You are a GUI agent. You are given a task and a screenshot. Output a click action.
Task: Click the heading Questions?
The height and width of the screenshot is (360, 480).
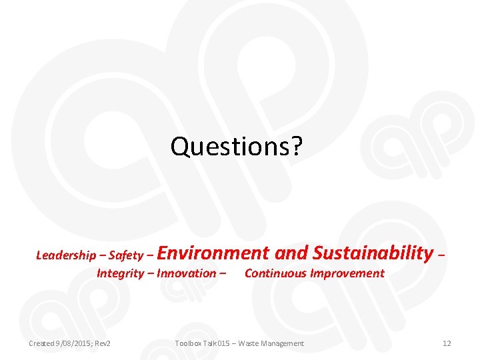(237, 147)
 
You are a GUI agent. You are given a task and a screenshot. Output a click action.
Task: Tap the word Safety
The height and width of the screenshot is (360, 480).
(125, 255)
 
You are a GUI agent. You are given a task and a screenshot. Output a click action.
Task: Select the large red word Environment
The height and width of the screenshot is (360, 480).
(214, 253)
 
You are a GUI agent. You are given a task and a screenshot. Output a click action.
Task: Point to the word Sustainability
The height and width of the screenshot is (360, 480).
(373, 253)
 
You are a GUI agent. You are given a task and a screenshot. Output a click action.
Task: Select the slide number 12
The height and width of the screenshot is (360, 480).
(447, 343)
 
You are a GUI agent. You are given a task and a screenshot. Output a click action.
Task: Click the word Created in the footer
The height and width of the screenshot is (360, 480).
(42, 343)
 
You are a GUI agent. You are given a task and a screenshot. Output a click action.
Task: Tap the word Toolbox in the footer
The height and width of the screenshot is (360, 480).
(189, 343)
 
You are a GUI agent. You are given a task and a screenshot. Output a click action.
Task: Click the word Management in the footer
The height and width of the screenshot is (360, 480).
(283, 343)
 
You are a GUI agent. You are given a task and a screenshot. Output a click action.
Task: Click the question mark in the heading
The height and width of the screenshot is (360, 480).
(296, 147)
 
